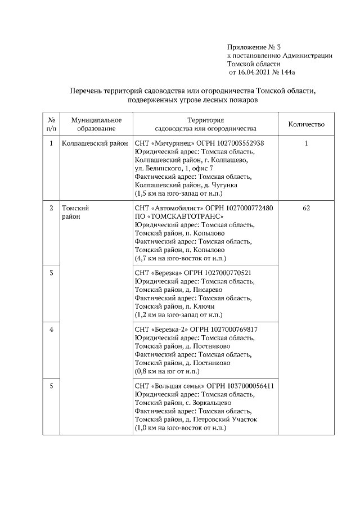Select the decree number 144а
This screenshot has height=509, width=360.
click(x=286, y=73)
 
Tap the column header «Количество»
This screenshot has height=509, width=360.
click(x=306, y=124)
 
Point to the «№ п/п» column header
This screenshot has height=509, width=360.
click(x=51, y=124)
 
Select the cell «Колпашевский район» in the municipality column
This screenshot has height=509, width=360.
click(x=94, y=143)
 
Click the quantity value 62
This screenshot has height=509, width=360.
click(x=306, y=208)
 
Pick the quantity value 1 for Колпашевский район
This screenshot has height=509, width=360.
click(x=306, y=143)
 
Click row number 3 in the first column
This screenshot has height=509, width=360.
click(x=51, y=273)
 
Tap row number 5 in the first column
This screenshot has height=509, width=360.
click(x=51, y=386)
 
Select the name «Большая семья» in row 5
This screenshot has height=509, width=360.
click(x=178, y=386)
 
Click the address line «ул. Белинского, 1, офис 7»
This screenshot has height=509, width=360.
click(x=174, y=168)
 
